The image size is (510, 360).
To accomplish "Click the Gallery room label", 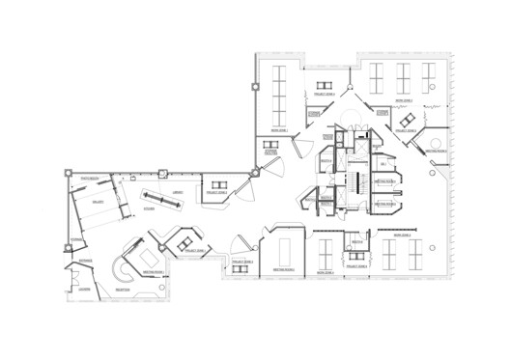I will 98,203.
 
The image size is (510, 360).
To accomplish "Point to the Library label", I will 178,195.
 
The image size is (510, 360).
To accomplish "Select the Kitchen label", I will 151,208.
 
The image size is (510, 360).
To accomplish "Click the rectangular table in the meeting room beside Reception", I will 150,260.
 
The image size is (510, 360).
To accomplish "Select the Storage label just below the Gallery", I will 77,238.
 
